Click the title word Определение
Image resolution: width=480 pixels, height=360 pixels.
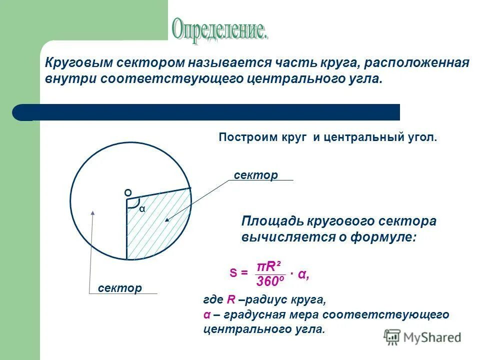[x=220, y=30]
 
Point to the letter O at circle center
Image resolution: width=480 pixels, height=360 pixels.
[x=127, y=193]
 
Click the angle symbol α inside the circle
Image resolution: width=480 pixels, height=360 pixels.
[x=142, y=209]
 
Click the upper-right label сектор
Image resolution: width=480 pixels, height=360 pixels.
[x=255, y=175]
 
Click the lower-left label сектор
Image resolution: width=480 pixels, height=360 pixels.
[x=120, y=288]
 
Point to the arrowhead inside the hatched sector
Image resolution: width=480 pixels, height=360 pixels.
[x=166, y=218]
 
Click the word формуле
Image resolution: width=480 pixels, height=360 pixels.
[x=383, y=237]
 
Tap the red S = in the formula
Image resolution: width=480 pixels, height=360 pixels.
[x=238, y=273]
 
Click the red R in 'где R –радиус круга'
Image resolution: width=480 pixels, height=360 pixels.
[x=230, y=300]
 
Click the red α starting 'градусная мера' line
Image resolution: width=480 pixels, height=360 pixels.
[x=206, y=315]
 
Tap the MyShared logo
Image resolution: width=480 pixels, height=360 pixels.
[x=422, y=337]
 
